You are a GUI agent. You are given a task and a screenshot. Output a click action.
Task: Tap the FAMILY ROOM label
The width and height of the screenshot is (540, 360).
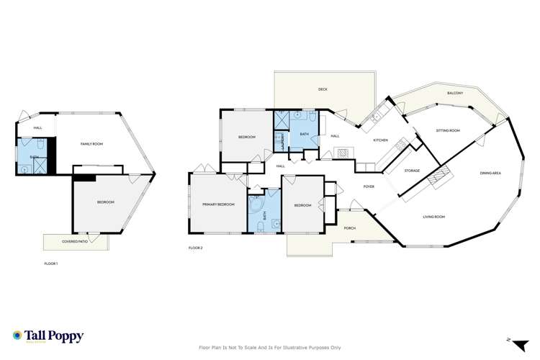click(91, 145)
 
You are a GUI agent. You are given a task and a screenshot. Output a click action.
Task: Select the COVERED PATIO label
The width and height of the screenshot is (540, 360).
click(74, 241)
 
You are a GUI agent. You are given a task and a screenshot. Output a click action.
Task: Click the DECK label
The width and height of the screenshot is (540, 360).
click(323, 89)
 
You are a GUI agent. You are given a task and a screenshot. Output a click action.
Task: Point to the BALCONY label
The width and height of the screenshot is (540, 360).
click(454, 94)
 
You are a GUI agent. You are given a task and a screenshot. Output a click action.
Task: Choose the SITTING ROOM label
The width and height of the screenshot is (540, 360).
click(448, 130)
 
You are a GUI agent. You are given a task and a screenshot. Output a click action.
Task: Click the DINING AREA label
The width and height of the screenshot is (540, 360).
click(491, 173)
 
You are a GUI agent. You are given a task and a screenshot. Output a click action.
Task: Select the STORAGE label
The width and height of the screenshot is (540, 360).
click(412, 171)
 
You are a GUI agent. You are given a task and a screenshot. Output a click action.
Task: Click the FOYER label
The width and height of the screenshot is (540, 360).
click(369, 186)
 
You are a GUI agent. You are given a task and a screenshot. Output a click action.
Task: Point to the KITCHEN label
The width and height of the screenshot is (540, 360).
click(381, 140)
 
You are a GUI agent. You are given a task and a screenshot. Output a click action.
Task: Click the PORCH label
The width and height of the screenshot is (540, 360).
click(350, 228)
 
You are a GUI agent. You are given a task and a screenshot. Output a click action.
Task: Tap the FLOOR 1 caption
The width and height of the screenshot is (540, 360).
click(51, 264)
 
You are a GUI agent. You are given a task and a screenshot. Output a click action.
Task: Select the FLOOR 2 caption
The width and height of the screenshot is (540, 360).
click(196, 248)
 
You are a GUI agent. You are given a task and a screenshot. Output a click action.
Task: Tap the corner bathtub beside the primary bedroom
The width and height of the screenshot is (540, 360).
click(256, 206)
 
